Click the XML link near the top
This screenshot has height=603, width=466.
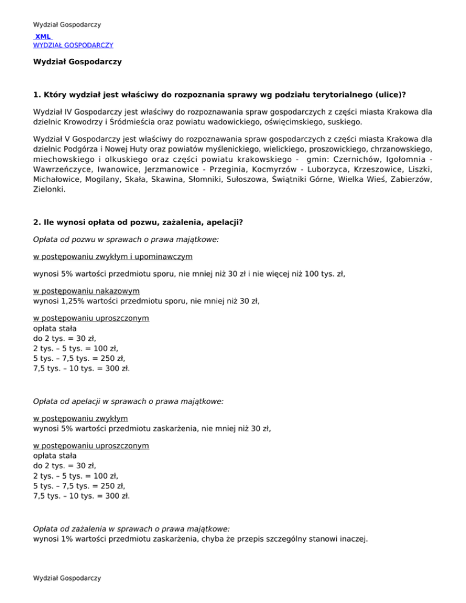[42, 36]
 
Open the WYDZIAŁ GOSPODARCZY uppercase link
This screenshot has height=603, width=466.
[73, 45]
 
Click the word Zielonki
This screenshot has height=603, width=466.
[50, 189]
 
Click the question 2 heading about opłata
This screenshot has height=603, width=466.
[138, 221]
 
